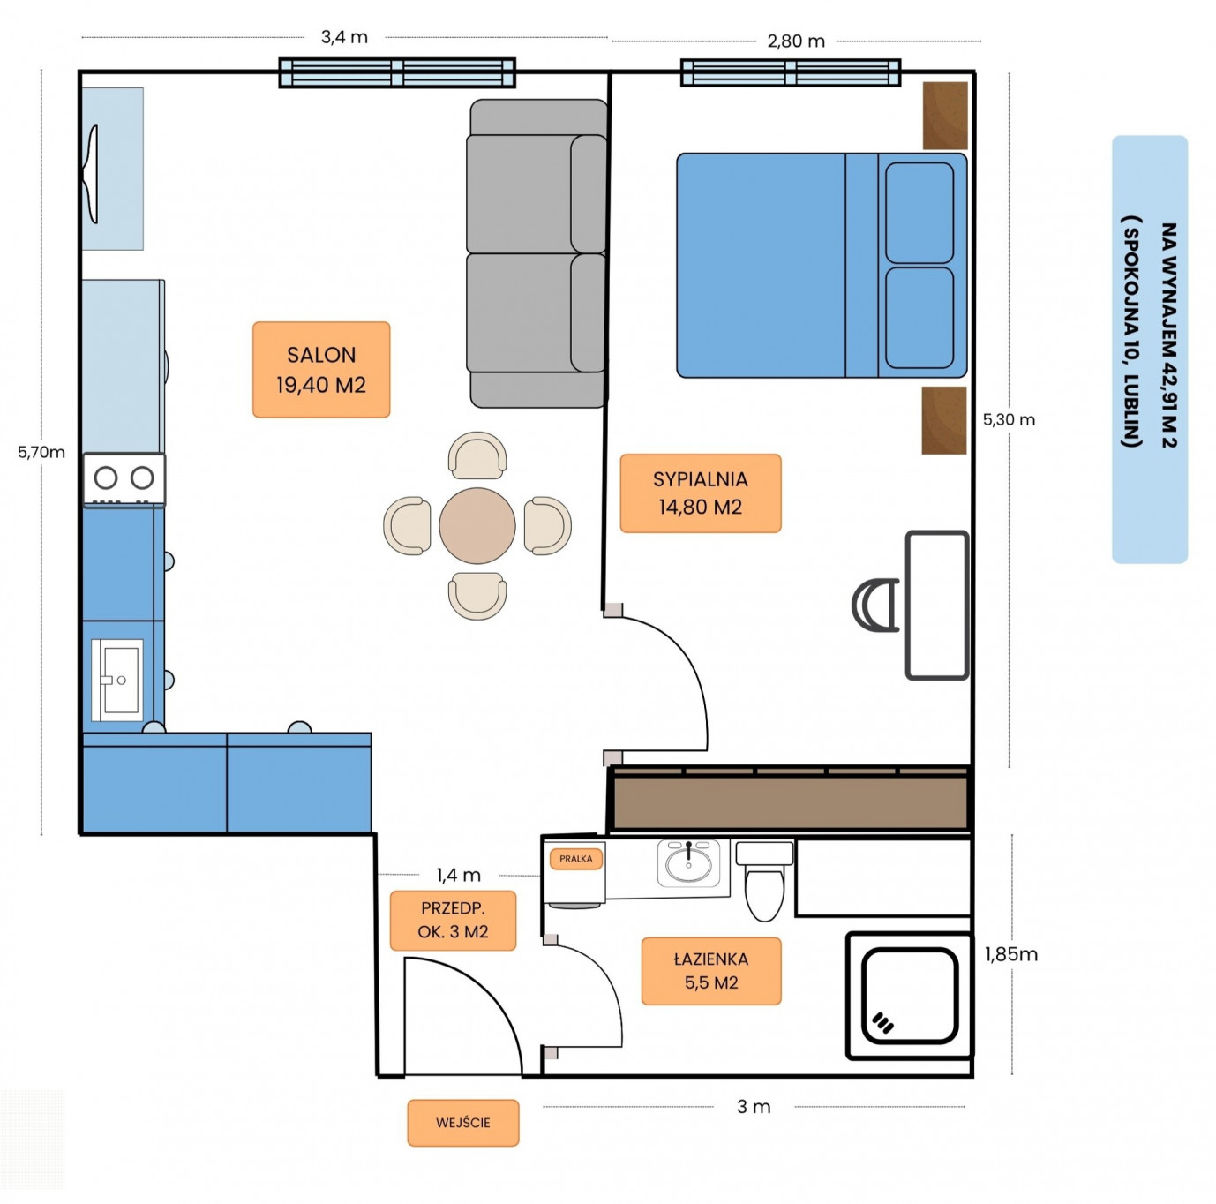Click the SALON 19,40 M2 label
320,369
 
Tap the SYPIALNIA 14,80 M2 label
700,493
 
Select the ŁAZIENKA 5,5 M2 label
710,970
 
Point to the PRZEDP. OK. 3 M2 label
453,920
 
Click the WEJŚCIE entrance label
462,1122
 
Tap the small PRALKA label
575,859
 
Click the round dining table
477,525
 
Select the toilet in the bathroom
763,881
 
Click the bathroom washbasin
687,862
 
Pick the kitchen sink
116,680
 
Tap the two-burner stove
124,478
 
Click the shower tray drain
882,1022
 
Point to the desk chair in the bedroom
874,605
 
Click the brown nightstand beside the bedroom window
945,116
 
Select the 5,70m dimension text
41,452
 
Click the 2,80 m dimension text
796,41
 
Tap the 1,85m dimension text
1011,954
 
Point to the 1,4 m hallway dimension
458,875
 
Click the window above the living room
397,72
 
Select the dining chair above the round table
477,455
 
